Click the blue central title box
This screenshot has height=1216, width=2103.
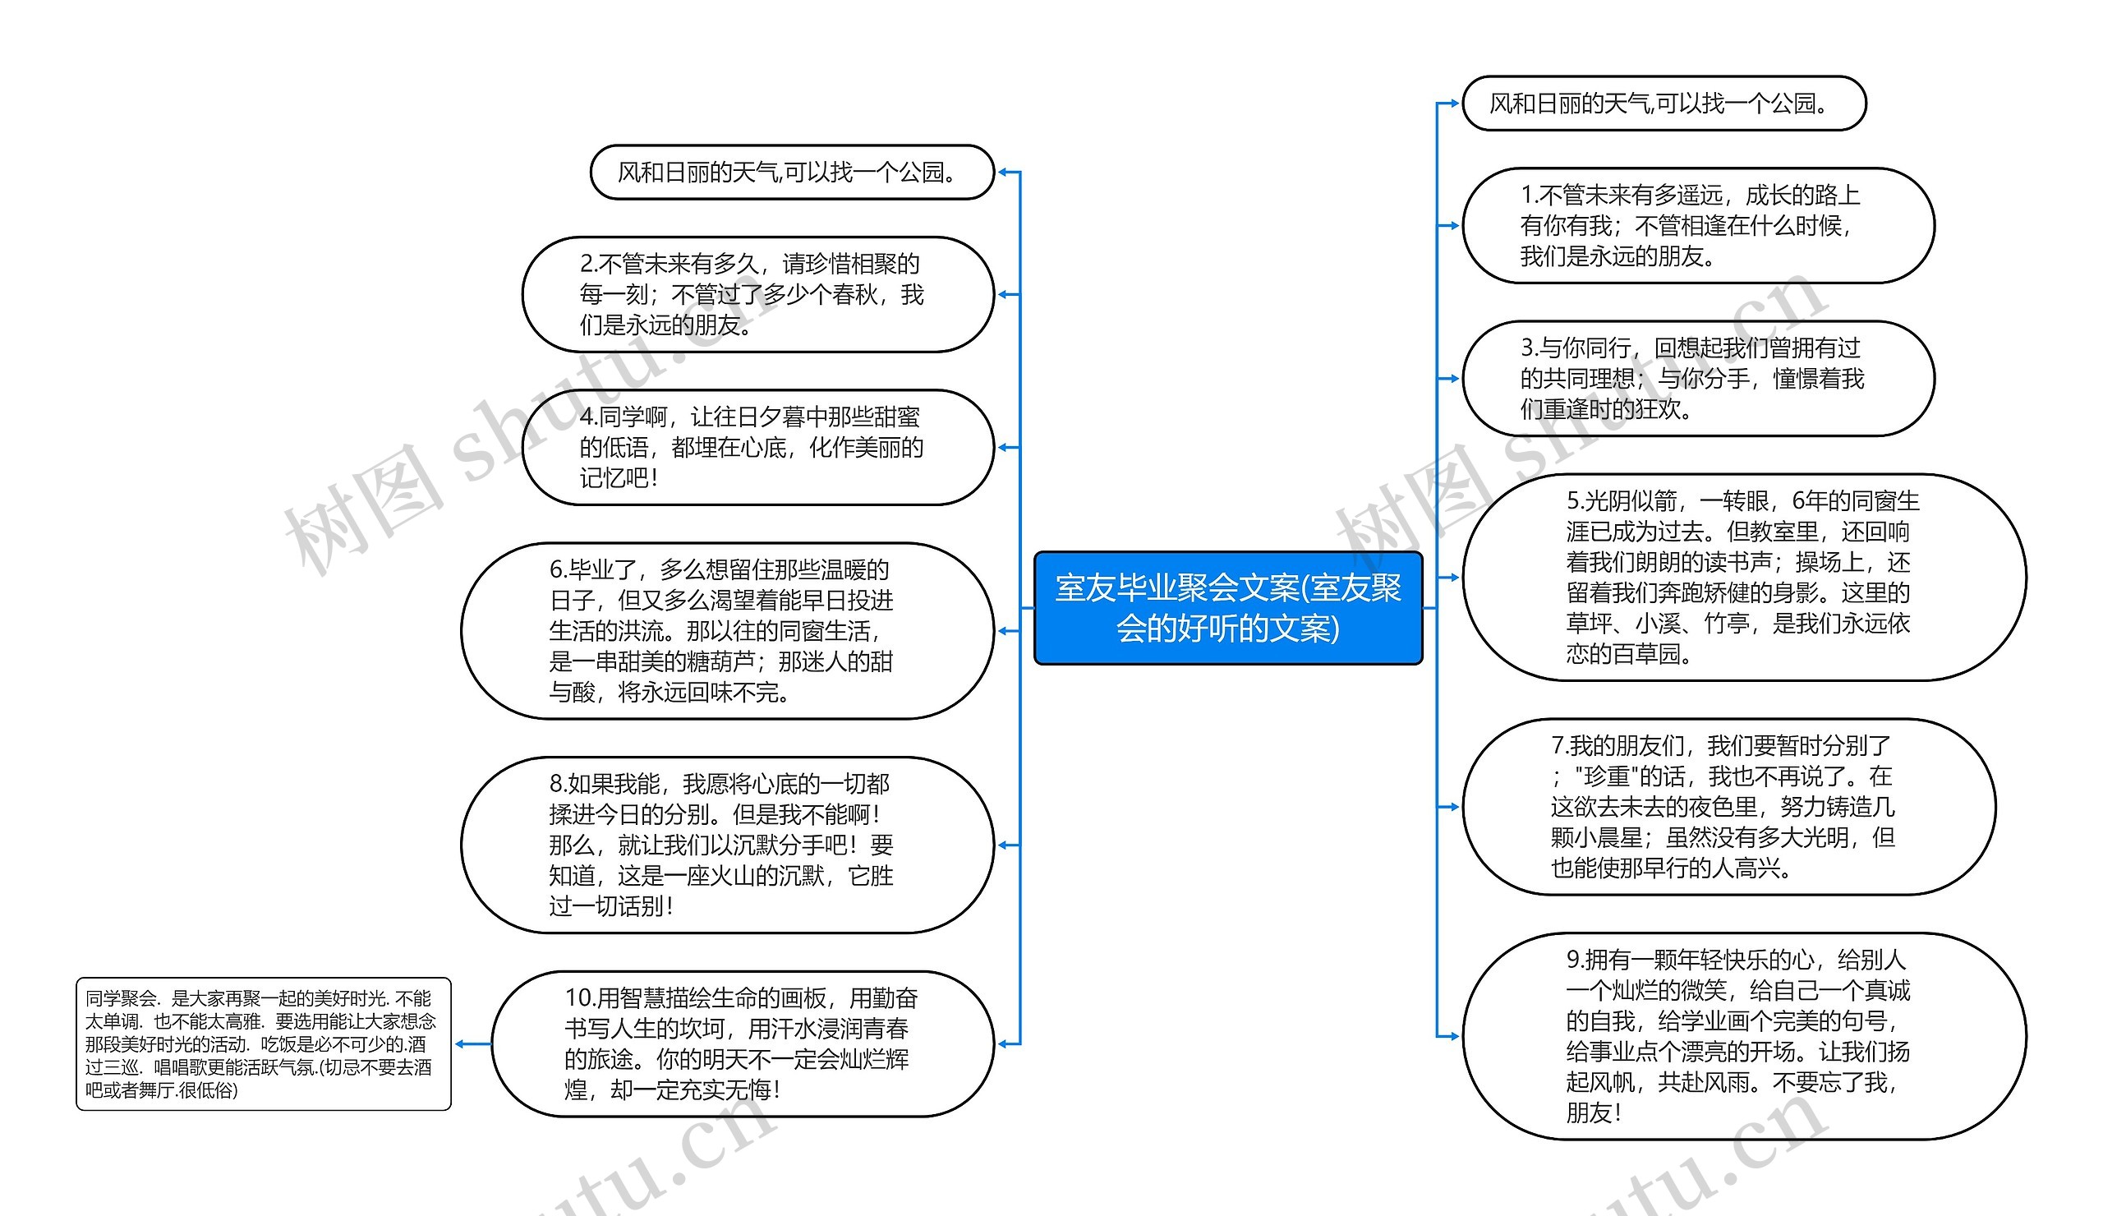tap(1227, 607)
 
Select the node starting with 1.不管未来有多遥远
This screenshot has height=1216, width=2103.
tap(1697, 225)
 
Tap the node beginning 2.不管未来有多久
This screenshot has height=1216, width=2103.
tap(757, 295)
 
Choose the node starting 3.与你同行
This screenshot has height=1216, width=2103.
tap(1697, 378)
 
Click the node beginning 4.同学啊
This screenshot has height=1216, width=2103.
tap(757, 447)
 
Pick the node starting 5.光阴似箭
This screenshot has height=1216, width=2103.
tap(1743, 577)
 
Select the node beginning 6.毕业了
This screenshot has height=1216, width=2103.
tap(727, 631)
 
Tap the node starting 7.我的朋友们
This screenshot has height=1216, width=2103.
tap(1728, 806)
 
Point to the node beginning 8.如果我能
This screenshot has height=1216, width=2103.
tap(727, 845)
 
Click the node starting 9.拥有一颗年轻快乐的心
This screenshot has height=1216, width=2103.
tap(1743, 1036)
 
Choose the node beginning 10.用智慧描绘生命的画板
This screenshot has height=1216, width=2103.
tap(743, 1043)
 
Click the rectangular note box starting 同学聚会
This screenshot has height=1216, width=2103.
tap(263, 1043)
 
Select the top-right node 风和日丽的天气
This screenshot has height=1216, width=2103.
tap(1664, 104)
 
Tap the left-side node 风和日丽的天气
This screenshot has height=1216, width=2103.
tap(792, 172)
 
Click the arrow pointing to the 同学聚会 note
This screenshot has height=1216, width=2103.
tap(462, 1043)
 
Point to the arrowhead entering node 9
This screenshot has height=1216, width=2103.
tap(1453, 1036)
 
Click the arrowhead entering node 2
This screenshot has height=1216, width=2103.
tap(1004, 295)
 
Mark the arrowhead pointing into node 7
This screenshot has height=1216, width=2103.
tap(1453, 806)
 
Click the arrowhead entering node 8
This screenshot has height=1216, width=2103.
tap(1004, 845)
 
